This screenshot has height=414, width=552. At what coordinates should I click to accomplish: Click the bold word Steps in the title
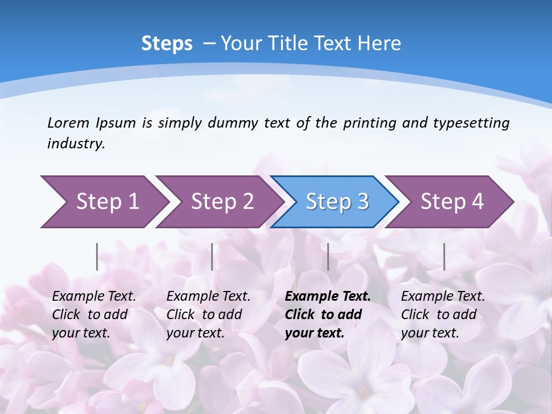[167, 43]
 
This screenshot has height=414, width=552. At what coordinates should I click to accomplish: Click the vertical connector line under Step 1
[97, 256]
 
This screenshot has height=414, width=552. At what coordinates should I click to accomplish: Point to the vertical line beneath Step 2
[212, 256]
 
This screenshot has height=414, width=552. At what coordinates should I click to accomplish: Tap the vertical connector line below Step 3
[328, 256]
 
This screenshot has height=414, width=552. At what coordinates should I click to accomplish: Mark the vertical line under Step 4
[444, 256]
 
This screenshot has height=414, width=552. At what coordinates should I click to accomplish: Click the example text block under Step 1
[94, 315]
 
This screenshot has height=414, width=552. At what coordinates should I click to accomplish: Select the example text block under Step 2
[208, 315]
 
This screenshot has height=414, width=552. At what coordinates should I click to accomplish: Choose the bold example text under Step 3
[327, 315]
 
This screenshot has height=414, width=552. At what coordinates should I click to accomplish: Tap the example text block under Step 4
[443, 315]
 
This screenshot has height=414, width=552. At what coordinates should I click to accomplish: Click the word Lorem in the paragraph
[68, 122]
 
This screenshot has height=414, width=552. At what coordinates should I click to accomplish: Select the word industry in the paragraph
[76, 144]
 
